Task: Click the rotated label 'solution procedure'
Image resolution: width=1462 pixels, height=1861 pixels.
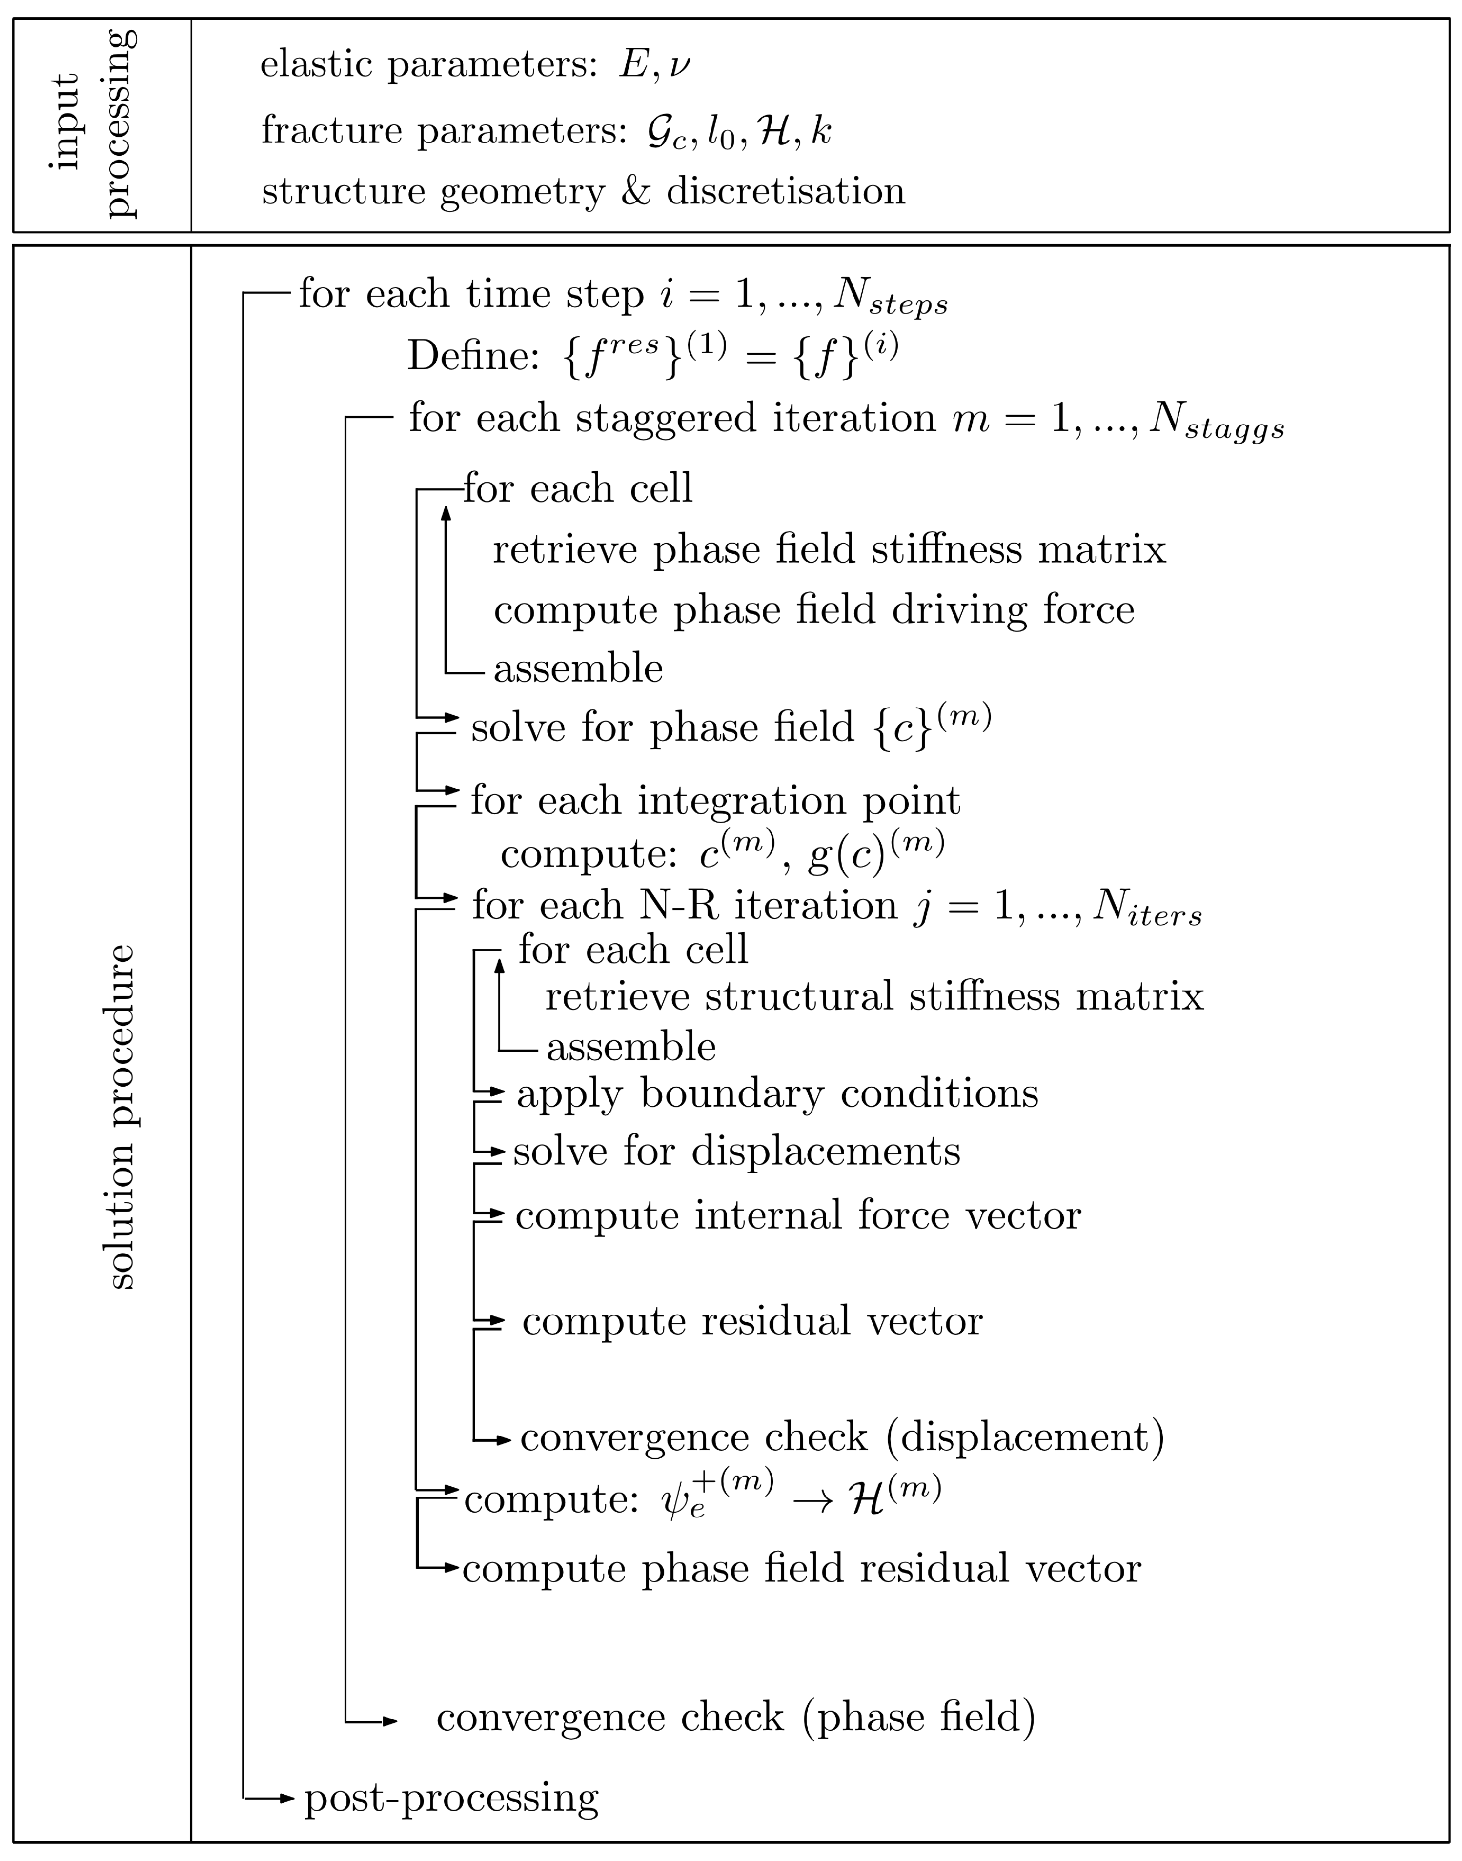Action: pos(122,1116)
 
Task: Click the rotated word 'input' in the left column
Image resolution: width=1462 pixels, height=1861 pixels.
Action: pos(65,121)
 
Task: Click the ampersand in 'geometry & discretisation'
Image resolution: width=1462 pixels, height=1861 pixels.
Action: pos(635,191)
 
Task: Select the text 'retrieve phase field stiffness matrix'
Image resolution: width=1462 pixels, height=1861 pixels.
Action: pos(829,549)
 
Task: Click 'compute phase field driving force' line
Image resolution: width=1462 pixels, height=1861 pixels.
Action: pos(813,609)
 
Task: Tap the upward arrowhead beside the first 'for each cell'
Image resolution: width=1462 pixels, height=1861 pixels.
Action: pos(445,512)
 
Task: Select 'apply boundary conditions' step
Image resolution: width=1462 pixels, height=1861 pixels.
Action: pos(777,1093)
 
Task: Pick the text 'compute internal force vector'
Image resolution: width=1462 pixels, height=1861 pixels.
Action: pos(798,1214)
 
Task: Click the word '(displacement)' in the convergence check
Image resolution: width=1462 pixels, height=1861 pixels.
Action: pos(1025,1436)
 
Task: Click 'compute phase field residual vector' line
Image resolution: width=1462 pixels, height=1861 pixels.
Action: pos(801,1568)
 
